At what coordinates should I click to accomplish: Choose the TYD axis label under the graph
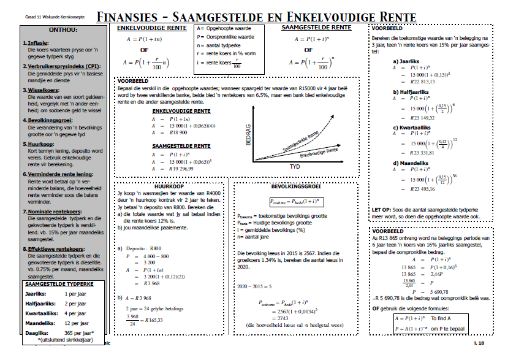pyautogui.click(x=294, y=166)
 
